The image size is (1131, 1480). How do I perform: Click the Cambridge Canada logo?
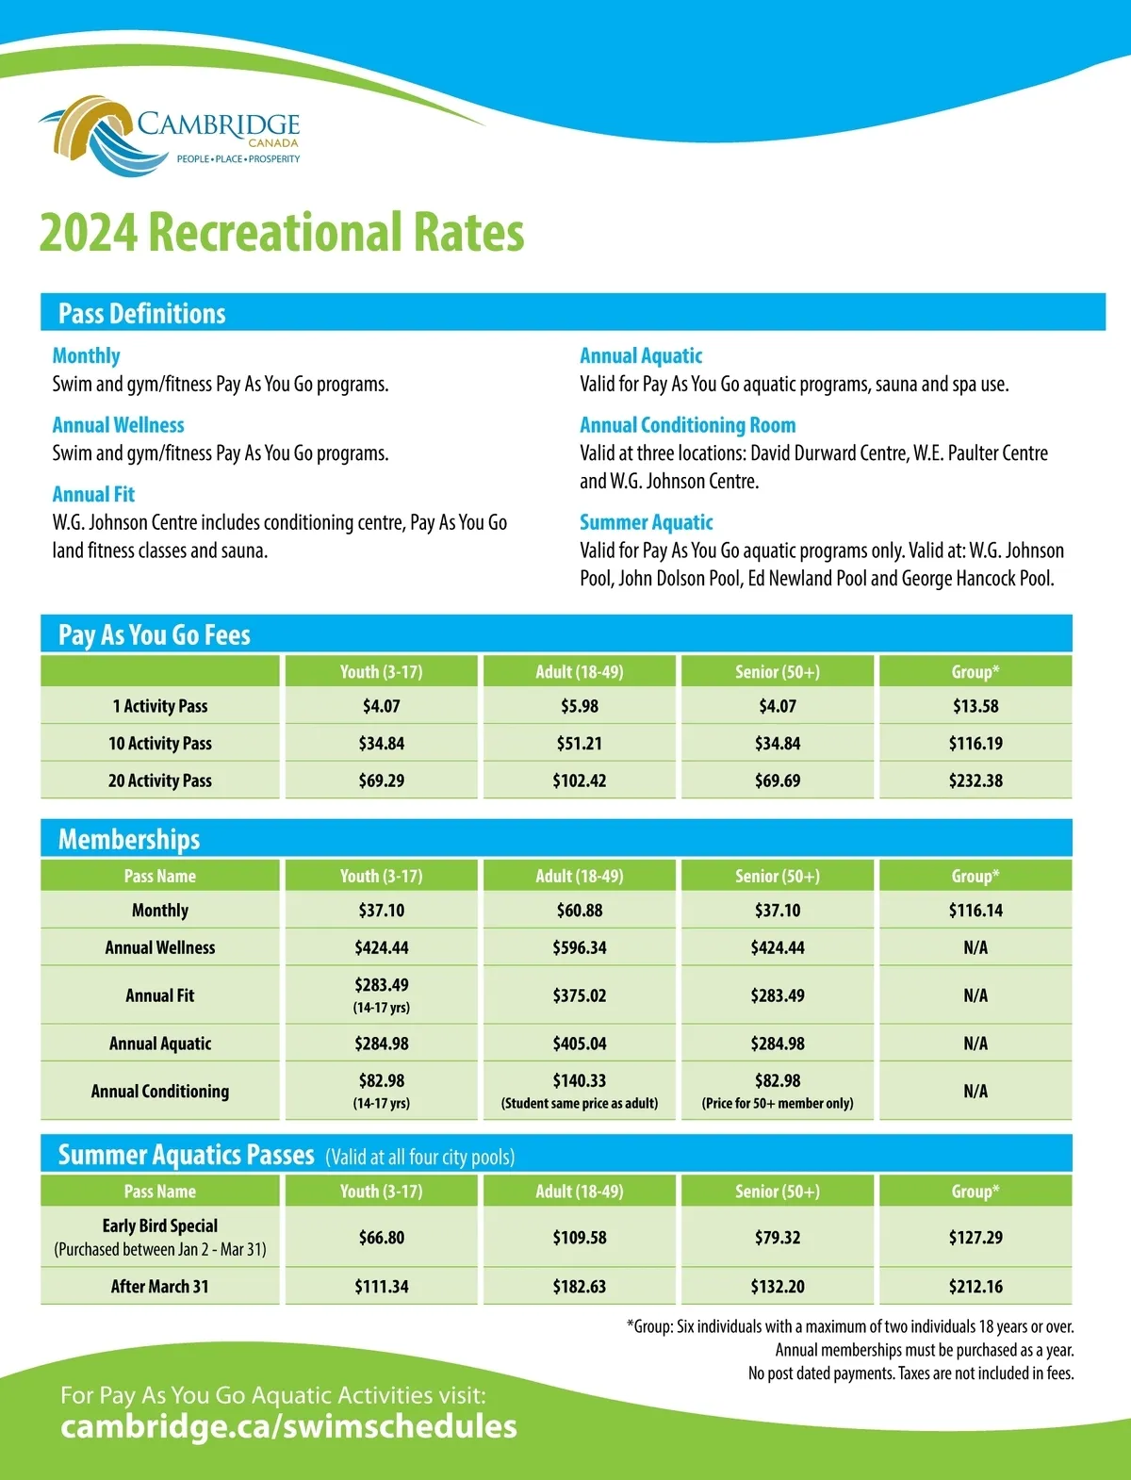pos(170,135)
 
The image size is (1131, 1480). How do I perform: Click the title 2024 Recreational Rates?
pos(281,233)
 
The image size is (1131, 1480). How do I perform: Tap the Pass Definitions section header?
pos(142,313)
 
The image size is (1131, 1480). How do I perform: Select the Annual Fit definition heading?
pos(93,494)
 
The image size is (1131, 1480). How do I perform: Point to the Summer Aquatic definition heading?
pos(646,522)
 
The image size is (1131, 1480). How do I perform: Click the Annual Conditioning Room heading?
pos(687,425)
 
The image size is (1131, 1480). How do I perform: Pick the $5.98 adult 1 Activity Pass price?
pos(579,706)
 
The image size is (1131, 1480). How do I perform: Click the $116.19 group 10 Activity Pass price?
pos(975,744)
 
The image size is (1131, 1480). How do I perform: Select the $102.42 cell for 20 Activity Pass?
pos(579,781)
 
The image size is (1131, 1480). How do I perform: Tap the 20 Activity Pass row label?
pos(160,781)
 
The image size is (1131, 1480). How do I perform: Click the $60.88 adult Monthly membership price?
pos(579,911)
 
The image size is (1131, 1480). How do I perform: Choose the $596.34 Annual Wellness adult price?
pos(579,947)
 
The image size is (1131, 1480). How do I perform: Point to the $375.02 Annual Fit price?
pos(579,995)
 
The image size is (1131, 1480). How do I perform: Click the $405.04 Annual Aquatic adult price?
pos(579,1044)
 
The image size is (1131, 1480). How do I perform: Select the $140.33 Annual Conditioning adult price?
pos(579,1081)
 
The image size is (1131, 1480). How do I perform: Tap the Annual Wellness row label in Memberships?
pos(160,947)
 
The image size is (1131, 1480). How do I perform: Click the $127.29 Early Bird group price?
pos(975,1238)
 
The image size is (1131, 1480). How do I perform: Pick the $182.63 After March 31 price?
pos(579,1287)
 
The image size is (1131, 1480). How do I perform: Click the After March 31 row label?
pos(160,1287)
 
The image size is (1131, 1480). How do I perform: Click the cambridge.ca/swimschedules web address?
pos(288,1426)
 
